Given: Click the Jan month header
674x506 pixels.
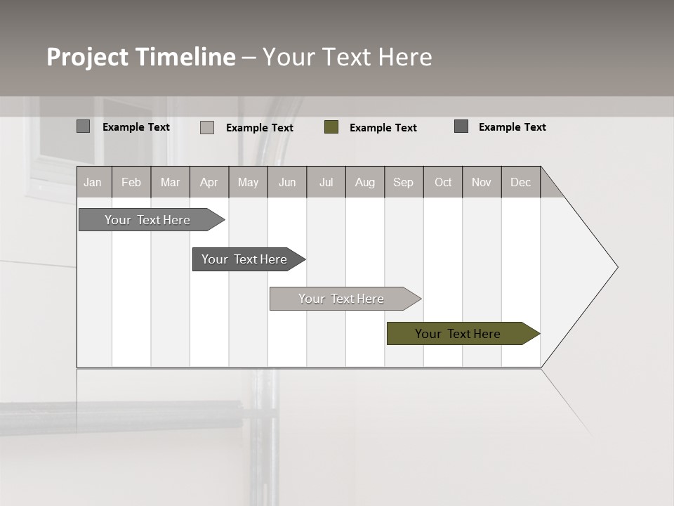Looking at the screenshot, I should click(x=93, y=182).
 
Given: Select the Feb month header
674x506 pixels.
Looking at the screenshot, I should click(x=131, y=182).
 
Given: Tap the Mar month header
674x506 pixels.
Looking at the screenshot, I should click(x=170, y=182).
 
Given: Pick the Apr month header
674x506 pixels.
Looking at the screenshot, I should click(x=209, y=182).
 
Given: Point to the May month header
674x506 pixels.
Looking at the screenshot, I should click(x=248, y=182).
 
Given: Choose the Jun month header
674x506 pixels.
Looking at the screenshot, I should click(x=287, y=182).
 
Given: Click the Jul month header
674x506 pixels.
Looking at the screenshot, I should click(x=326, y=182).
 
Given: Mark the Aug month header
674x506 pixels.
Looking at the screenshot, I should click(x=365, y=182).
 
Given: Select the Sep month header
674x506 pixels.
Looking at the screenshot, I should click(x=404, y=182).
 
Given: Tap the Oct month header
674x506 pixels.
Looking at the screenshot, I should click(x=443, y=182).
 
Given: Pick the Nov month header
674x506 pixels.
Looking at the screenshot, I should click(x=482, y=182).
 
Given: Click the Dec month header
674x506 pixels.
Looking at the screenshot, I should click(x=521, y=182).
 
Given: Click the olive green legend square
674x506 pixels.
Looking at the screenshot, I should click(x=331, y=127).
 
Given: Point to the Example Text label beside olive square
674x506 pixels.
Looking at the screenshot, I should click(x=383, y=128).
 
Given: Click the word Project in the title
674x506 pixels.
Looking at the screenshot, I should click(x=88, y=57).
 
